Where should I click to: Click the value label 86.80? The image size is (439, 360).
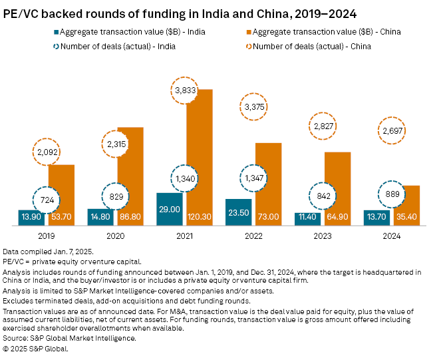130,218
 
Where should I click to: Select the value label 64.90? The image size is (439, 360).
337,218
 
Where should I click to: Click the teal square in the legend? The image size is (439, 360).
54,31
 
